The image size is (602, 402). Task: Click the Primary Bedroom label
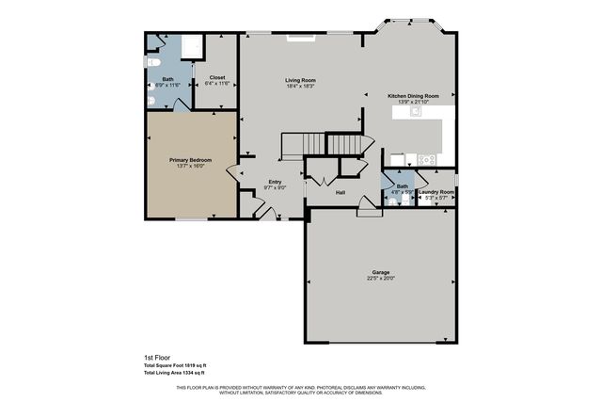(x=190, y=160)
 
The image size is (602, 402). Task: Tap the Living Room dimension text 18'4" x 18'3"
(x=300, y=86)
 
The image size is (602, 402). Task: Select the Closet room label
(x=216, y=77)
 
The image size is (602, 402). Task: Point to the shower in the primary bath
(x=192, y=47)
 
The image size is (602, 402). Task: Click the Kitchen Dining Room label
(x=420, y=95)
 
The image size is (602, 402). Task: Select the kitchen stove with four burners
(x=427, y=158)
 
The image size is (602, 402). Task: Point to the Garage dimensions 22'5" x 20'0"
(x=381, y=279)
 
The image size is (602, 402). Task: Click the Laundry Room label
(x=436, y=192)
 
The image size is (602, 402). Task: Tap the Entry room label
(x=275, y=182)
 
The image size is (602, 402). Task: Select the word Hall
(x=341, y=192)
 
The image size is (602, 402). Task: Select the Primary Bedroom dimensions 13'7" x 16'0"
(x=190, y=166)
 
